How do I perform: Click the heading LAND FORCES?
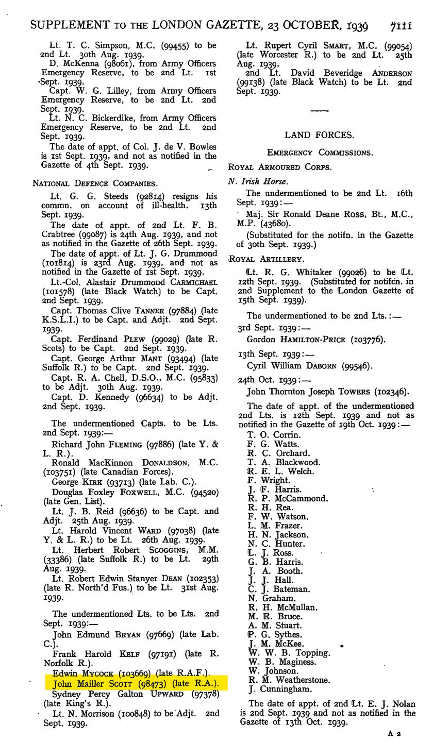coord(319,135)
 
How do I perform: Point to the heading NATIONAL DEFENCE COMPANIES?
coord(95,183)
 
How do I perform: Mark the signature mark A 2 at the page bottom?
coord(395,733)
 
